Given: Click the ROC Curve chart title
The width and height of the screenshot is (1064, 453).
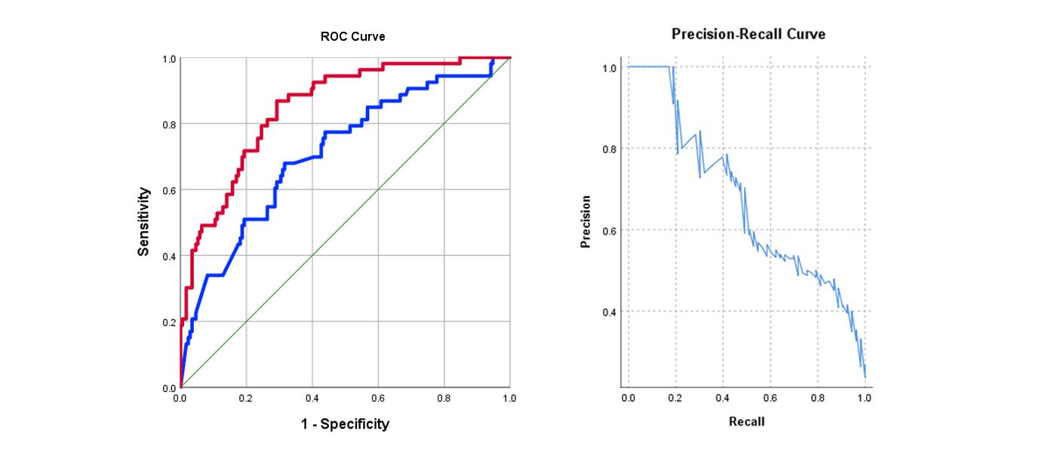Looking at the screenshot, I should (x=352, y=36).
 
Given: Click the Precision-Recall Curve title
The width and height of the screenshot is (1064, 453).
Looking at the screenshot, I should (x=749, y=34).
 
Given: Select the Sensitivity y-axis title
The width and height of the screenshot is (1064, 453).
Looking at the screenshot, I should (x=143, y=222).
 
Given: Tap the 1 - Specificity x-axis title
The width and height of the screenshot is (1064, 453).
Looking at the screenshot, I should (x=345, y=424).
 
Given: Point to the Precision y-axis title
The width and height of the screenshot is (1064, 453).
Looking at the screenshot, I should (x=586, y=221).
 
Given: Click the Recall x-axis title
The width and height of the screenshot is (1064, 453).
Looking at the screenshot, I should (x=746, y=421).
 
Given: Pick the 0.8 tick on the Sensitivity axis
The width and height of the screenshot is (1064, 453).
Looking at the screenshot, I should (x=170, y=124).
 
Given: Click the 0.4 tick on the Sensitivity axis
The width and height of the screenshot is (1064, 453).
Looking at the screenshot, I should (x=170, y=256).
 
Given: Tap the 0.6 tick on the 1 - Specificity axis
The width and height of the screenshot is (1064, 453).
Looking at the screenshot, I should (x=378, y=396).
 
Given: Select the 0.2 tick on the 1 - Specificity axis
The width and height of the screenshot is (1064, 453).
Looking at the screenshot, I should (x=246, y=396).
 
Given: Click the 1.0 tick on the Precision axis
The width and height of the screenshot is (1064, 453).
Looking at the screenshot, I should (x=609, y=68).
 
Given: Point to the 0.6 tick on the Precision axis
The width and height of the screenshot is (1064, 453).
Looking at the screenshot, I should (x=609, y=230).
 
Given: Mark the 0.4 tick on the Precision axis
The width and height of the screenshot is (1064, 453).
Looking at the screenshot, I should (x=609, y=312).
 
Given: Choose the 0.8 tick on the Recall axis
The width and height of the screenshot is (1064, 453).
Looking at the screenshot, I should (x=817, y=397).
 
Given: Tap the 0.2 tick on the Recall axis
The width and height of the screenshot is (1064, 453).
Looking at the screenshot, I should (x=675, y=397).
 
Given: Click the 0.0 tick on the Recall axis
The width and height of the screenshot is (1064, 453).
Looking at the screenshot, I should (x=629, y=397).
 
